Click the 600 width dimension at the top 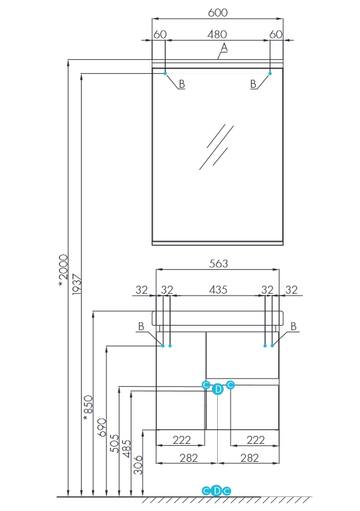(x=218, y=13)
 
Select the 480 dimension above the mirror (x=217, y=34)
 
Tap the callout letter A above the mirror (x=224, y=48)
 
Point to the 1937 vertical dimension (x=76, y=284)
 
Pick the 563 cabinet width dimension (x=219, y=263)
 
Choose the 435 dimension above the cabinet (x=218, y=290)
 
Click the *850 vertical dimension (x=88, y=408)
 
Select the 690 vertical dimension (x=102, y=427)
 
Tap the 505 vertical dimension (x=114, y=443)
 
